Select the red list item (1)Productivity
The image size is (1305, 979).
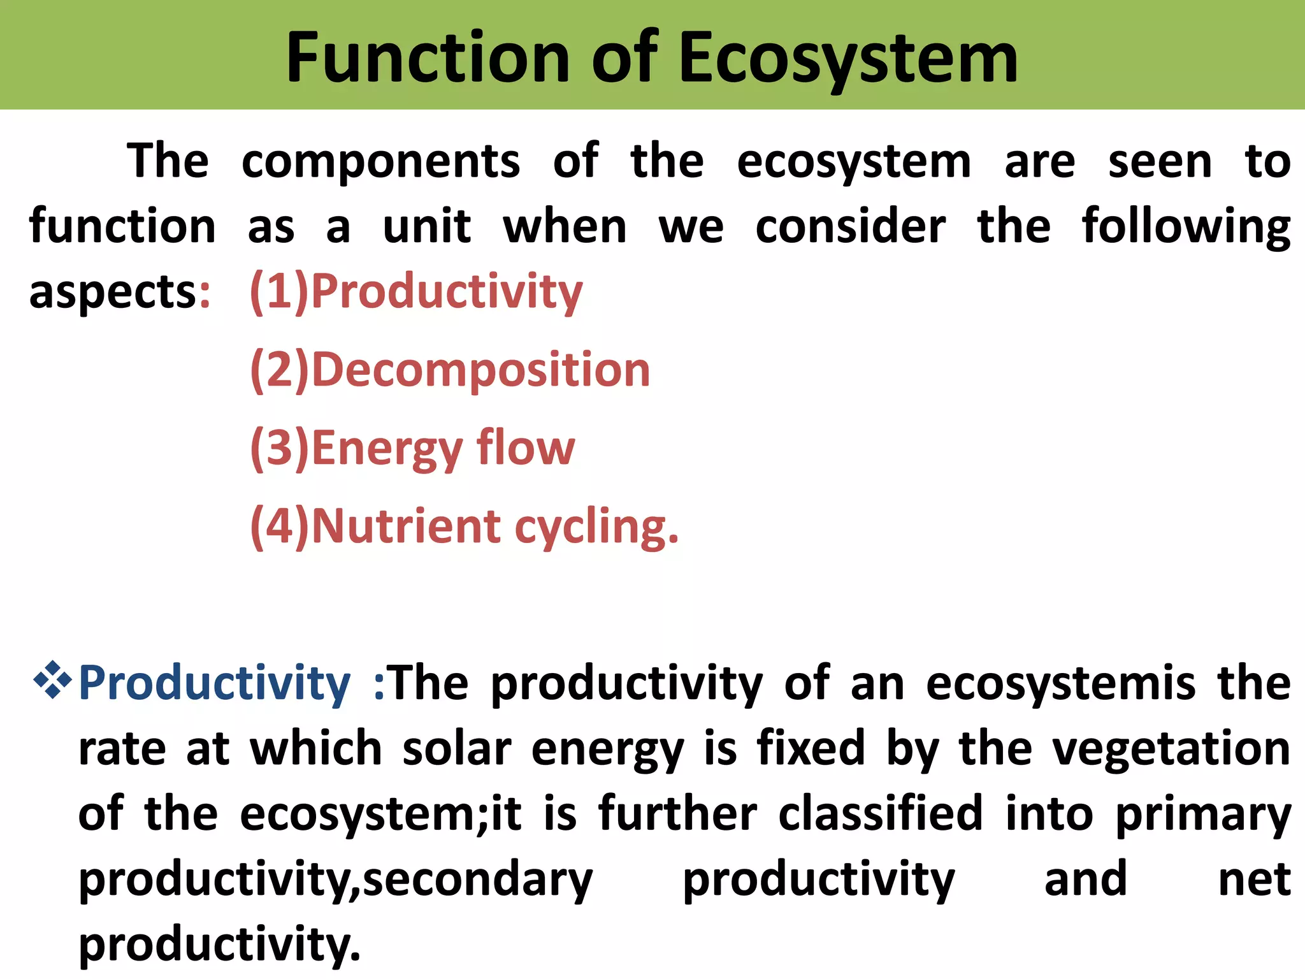415,291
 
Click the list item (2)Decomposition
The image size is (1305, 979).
450,370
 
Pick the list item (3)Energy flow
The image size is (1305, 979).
412,448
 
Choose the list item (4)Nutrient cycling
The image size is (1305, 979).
464,527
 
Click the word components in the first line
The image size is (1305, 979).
380,162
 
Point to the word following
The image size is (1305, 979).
1186,227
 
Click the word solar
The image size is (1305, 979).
456,749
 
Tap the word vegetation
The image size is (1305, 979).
1171,749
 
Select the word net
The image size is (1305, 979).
1253,880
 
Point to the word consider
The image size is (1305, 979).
851,227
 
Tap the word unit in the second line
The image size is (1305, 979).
426,227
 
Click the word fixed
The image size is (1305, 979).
811,748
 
